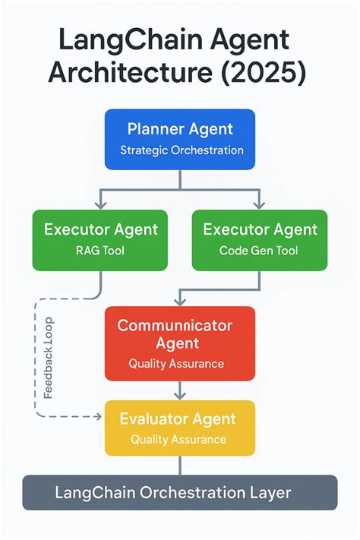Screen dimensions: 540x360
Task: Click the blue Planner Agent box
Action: pos(180,138)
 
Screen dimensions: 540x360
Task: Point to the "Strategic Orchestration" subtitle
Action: pos(182,150)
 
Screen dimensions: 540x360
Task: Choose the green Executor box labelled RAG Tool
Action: pos(101,240)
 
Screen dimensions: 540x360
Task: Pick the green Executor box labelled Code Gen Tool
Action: pos(259,240)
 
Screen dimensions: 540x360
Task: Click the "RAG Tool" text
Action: pos(101,251)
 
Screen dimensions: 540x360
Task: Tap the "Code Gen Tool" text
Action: pos(259,251)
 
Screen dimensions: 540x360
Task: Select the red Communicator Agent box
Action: pos(180,343)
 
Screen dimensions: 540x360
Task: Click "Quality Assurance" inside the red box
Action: pos(176,364)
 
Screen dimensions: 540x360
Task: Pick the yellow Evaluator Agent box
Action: pos(180,428)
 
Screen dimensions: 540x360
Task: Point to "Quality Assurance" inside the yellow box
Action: pos(178,439)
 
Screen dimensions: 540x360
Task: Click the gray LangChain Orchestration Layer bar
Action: pos(180,493)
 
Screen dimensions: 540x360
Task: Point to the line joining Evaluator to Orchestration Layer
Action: pos(180,465)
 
